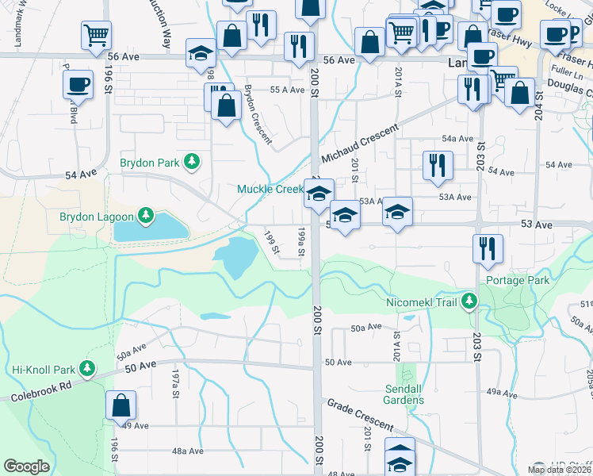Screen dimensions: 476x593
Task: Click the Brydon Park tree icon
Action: pos(191,163)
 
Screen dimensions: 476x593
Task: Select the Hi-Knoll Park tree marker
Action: pos(86,370)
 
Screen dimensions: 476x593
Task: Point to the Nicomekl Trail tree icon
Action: pos(469,301)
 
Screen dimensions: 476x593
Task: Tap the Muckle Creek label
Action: pos(270,189)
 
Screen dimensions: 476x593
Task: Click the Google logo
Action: pos(26,466)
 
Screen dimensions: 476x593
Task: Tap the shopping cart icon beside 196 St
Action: pos(96,34)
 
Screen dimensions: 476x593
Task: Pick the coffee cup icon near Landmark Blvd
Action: pos(78,84)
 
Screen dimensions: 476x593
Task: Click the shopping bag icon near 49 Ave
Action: pos(121,405)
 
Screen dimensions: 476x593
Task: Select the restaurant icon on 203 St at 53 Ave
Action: pos(488,248)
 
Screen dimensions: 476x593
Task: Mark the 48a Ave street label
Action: pos(188,451)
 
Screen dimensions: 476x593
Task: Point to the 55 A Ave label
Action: pos(287,90)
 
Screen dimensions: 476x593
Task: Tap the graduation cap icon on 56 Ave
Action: pos(201,55)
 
